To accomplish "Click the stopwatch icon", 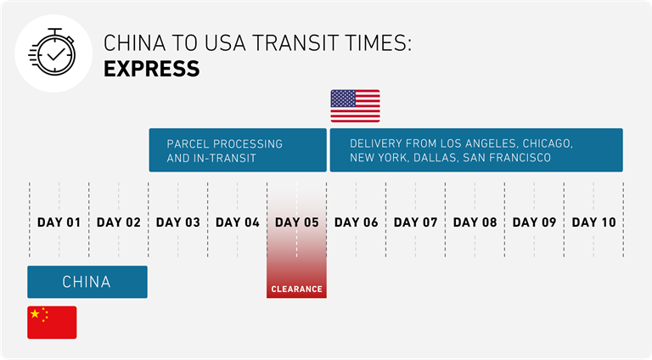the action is pyautogui.click(x=53, y=53).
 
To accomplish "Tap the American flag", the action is pyautogui.click(x=355, y=106).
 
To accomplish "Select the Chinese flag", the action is pyautogui.click(x=52, y=323).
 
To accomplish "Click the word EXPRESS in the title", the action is pyautogui.click(x=151, y=69).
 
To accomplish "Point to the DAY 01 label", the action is pyautogui.click(x=59, y=222).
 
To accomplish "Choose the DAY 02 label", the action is pyautogui.click(x=119, y=222).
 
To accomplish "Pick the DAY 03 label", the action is pyautogui.click(x=178, y=222).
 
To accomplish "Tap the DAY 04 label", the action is pyautogui.click(x=238, y=222).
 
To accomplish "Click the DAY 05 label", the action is pyautogui.click(x=297, y=222).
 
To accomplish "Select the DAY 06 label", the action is pyautogui.click(x=357, y=222).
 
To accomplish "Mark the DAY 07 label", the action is pyautogui.click(x=415, y=222).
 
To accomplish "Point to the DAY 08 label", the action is pyautogui.click(x=475, y=222).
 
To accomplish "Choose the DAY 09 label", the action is pyautogui.click(x=534, y=222).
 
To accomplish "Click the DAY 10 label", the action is pyautogui.click(x=593, y=222).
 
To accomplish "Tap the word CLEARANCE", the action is pyautogui.click(x=296, y=289).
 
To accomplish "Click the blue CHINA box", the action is pyautogui.click(x=87, y=282).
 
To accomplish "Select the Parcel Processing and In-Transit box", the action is pyautogui.click(x=238, y=150).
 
